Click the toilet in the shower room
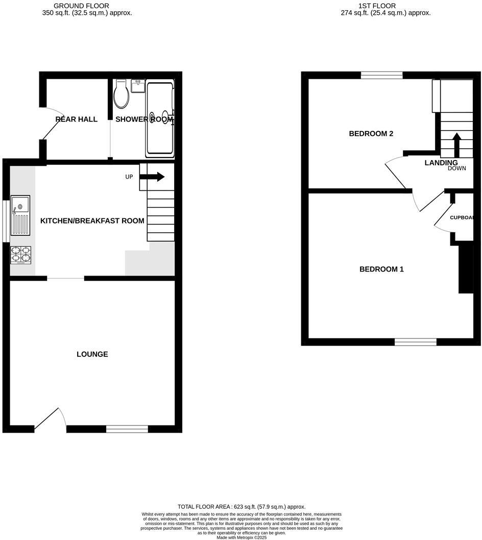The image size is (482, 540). tap(121, 95)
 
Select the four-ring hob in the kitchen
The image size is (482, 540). tap(20, 255)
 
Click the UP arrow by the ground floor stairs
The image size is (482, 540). tap(152, 177)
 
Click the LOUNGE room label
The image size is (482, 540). tap(92, 354)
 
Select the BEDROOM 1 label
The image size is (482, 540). tap(381, 269)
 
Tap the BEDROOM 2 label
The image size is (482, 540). tap(371, 134)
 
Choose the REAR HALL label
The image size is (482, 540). tap(77, 120)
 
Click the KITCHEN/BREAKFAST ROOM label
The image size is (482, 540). tap(92, 221)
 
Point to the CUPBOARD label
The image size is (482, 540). tap(463, 217)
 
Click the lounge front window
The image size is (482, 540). tap(127, 429)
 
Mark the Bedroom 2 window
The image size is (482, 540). tap(381, 75)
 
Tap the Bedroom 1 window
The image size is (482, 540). tap(416, 342)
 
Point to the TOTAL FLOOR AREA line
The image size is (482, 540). tap(241, 506)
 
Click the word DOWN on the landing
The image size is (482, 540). tap(457, 168)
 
